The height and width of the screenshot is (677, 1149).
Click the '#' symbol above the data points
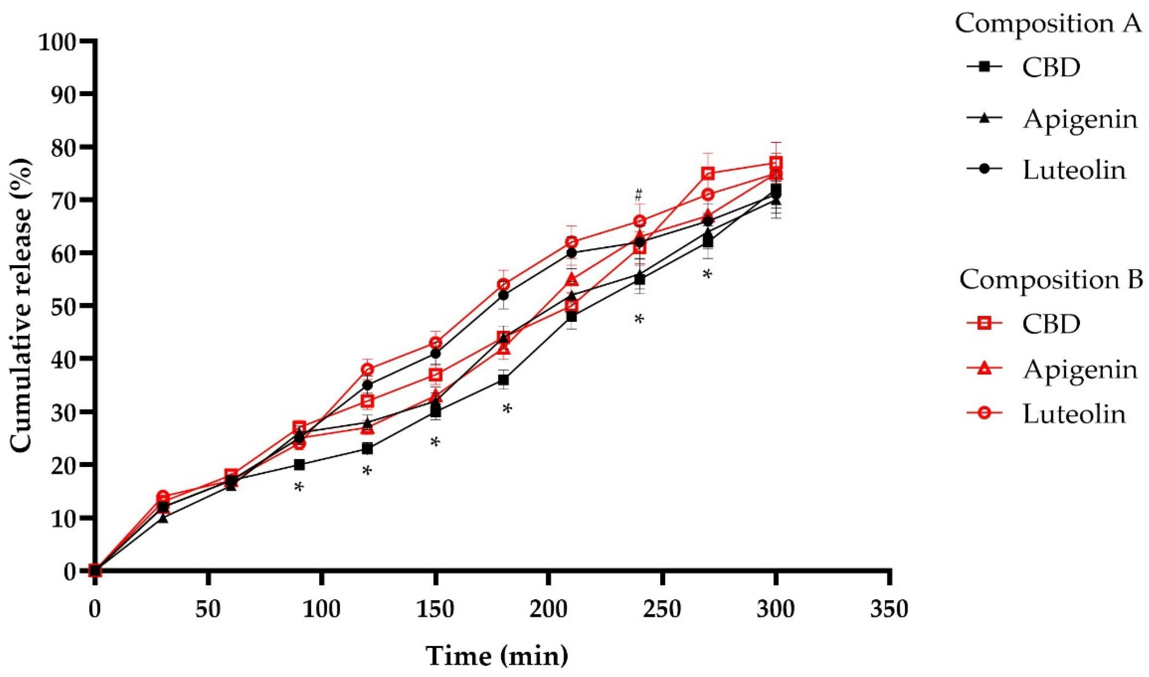point(638,195)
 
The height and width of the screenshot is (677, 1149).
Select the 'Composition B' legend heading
point(1051,279)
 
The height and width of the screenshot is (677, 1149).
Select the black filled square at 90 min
point(299,465)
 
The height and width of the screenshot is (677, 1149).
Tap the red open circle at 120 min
point(367,369)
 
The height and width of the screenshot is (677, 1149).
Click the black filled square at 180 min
point(503,380)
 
